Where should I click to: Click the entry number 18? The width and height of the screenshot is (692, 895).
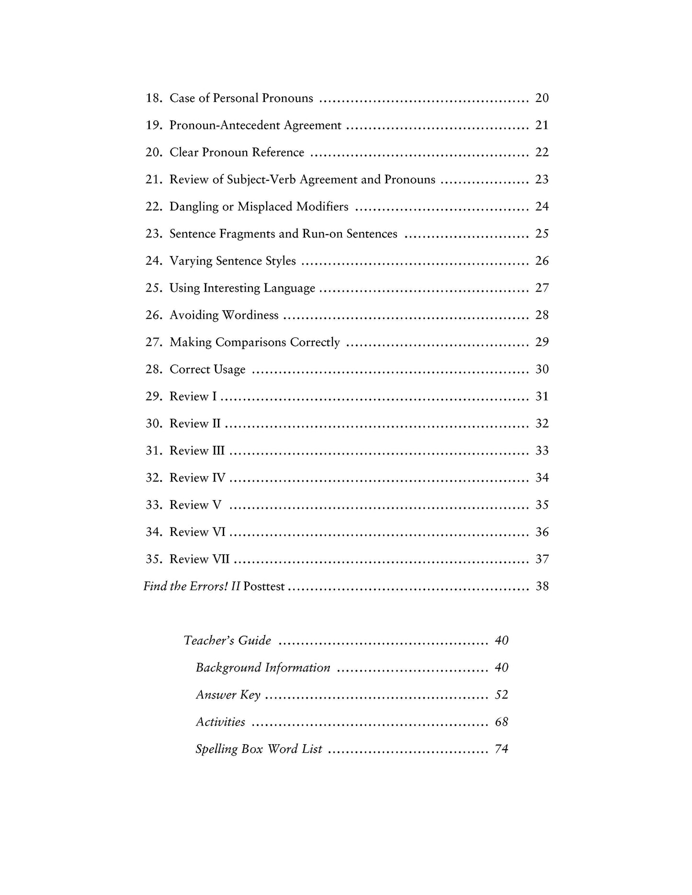(154, 98)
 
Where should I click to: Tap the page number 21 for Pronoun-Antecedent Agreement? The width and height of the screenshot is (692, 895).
(542, 125)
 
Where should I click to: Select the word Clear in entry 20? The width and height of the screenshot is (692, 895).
(184, 152)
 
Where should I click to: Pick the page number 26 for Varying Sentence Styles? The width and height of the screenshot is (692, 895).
(542, 261)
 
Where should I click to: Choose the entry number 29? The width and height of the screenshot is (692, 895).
(154, 396)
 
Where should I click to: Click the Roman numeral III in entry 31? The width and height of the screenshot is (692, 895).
(218, 451)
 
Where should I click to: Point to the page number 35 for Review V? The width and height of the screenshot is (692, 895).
(542, 505)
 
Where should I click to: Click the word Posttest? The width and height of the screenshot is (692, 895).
(264, 586)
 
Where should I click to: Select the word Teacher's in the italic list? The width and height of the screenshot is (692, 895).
(207, 640)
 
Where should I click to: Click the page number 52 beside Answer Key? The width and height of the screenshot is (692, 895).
(501, 694)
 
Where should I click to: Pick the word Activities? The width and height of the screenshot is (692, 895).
(220, 722)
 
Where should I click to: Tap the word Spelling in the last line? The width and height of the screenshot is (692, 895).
(215, 749)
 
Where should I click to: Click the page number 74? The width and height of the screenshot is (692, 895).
(501, 749)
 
